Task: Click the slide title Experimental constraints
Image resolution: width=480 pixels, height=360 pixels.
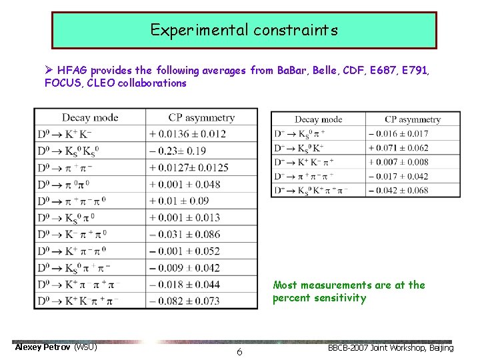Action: coord(244,30)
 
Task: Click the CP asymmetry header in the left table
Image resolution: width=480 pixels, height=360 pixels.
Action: coord(201,118)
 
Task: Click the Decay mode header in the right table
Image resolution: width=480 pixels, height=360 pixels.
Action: coord(318,119)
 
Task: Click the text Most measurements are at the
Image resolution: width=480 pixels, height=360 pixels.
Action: coord(349,285)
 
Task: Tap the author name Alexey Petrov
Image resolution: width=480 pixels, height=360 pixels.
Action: coord(43,347)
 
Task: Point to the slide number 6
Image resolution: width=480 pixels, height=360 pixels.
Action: coord(239,351)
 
